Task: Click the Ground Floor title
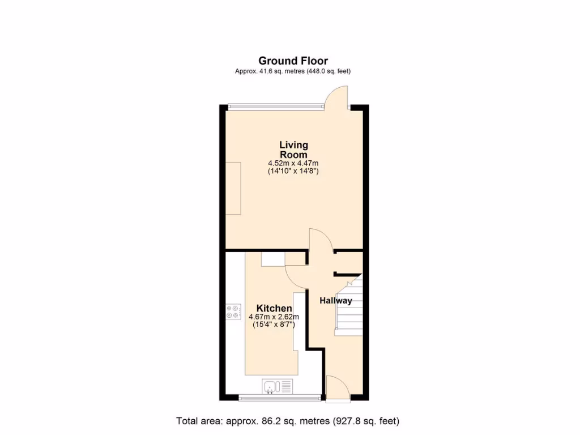click(x=293, y=61)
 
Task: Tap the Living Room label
click(x=293, y=150)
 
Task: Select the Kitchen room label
click(x=274, y=308)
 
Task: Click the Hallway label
click(x=335, y=301)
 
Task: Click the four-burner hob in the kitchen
click(x=233, y=312)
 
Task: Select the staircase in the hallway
click(x=348, y=306)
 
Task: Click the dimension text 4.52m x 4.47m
click(x=293, y=163)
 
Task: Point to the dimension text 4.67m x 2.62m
click(x=274, y=317)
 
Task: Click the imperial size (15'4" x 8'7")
click(x=274, y=325)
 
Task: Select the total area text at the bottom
click(x=288, y=421)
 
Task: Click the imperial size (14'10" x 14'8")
click(x=293, y=171)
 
